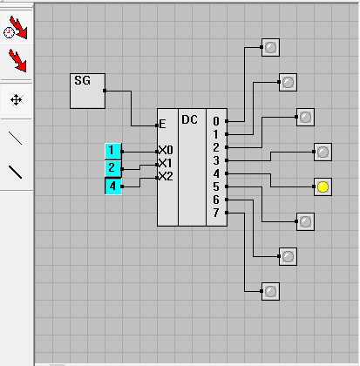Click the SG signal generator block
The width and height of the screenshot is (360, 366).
point(87,91)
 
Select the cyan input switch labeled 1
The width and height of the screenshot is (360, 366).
point(113,152)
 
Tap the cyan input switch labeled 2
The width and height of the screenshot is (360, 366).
point(113,168)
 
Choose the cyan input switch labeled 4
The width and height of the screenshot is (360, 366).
point(113,186)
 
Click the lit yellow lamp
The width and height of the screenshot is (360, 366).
point(323,186)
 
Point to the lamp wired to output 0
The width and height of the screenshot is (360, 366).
point(270,47)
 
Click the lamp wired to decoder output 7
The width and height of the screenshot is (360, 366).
point(270,291)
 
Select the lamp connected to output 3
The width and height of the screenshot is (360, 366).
point(323,152)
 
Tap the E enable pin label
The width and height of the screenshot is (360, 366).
point(162,125)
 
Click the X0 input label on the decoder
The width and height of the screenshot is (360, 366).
point(166,150)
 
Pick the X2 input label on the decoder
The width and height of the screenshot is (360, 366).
point(166,176)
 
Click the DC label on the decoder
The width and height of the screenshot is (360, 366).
point(189,119)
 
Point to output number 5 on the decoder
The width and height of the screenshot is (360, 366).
point(216,186)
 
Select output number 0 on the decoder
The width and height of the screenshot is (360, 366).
point(216,121)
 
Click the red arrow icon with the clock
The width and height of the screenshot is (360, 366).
point(16,28)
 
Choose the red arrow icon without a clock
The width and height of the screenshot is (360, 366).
point(17,60)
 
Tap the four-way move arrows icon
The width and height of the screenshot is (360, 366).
point(17,100)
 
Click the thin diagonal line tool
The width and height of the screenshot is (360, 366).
point(15,138)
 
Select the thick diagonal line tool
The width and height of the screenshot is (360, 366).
point(15,172)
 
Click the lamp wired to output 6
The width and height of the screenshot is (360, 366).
point(288,256)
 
